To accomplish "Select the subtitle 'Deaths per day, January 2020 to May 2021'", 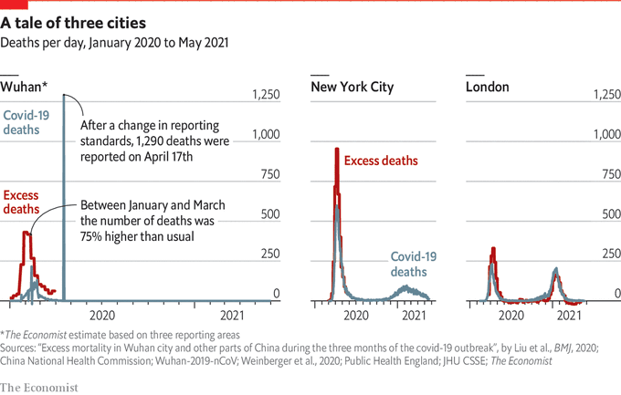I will click(x=115, y=42).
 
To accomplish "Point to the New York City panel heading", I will click(x=353, y=88).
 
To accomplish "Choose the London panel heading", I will click(x=488, y=88).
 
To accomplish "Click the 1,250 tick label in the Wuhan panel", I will click(x=266, y=95).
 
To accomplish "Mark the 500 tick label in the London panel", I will click(x=607, y=214).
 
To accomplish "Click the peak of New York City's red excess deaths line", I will click(x=337, y=150).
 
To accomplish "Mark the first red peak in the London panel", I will click(x=493, y=248).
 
